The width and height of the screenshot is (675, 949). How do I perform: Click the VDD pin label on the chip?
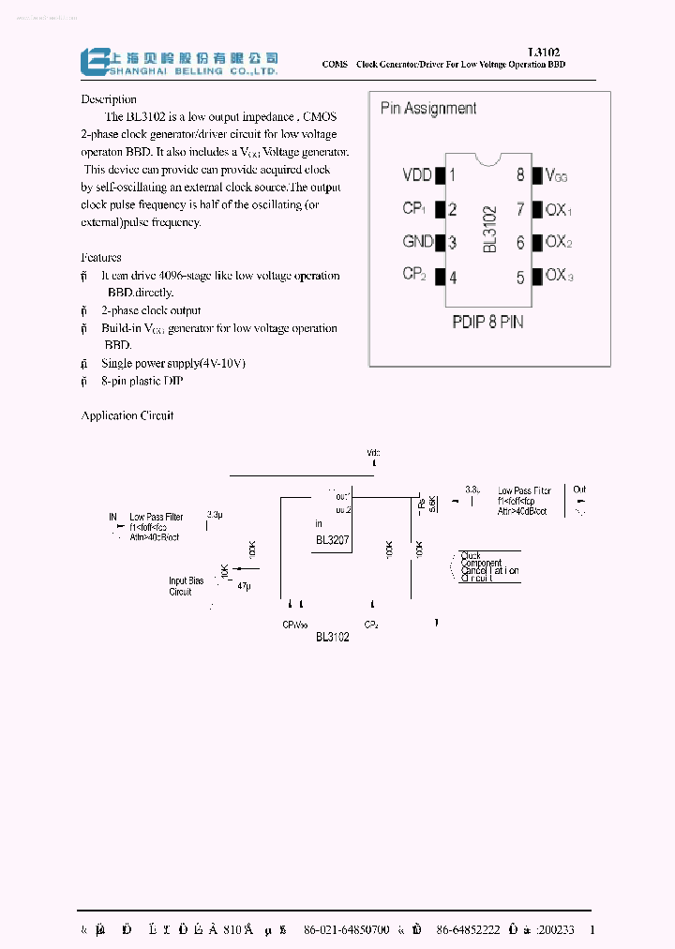pyautogui.click(x=416, y=175)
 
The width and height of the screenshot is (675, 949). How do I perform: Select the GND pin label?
pyautogui.click(x=417, y=242)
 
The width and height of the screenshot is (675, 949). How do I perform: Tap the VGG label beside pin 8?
pyautogui.click(x=556, y=175)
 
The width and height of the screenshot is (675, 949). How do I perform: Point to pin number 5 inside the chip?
pyautogui.click(x=520, y=277)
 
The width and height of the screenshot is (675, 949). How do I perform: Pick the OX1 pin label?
pyautogui.click(x=558, y=210)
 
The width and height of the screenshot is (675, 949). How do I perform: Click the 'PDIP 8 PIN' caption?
pyautogui.click(x=487, y=322)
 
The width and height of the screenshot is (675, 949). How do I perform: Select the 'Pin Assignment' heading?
pyautogui.click(x=427, y=109)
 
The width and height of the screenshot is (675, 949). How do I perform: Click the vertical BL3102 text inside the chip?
pyautogui.click(x=488, y=229)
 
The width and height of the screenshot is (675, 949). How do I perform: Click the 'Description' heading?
pyautogui.click(x=109, y=99)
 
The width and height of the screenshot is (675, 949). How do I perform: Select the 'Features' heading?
pyautogui.click(x=101, y=257)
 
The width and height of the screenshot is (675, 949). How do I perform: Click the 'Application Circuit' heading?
pyautogui.click(x=127, y=415)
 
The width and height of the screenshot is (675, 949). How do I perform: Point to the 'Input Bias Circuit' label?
pyautogui.click(x=186, y=586)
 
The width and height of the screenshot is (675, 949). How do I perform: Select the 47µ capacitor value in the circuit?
pyautogui.click(x=244, y=585)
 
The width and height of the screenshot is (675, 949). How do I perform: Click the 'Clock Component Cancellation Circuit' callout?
pyautogui.click(x=489, y=567)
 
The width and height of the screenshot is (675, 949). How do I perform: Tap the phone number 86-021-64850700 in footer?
pyautogui.click(x=346, y=930)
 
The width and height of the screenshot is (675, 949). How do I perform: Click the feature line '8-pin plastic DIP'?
pyautogui.click(x=142, y=381)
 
